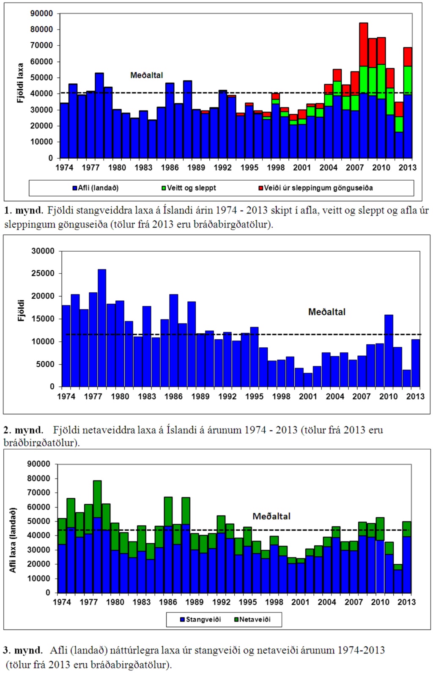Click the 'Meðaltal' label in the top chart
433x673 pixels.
coord(146,75)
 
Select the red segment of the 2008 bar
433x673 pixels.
coord(364,44)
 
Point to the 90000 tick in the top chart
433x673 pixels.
coord(41,14)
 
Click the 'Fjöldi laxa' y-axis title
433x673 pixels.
coord(20,83)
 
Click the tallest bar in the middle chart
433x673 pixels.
coord(102,328)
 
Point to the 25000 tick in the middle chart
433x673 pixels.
coord(43,273)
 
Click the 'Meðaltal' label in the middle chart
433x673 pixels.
coord(326,312)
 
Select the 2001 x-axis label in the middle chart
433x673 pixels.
coord(308,396)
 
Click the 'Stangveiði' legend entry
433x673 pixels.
coord(200,619)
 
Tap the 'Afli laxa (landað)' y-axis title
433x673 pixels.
coord(13,540)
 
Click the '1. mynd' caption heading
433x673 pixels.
coord(24,210)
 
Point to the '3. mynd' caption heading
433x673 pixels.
coord(23,650)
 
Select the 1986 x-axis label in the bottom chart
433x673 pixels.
coord(168,602)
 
